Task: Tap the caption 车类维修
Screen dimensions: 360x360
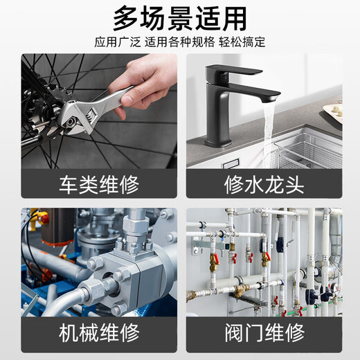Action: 99,184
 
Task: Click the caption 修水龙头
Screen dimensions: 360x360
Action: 264,184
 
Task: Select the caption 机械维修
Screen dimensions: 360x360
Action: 99,333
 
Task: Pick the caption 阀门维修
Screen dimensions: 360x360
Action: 264,333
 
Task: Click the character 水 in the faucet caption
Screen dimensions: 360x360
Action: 254,184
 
